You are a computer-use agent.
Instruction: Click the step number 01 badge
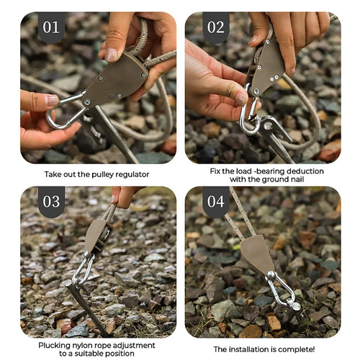tap(50, 28)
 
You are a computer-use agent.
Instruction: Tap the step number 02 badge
tap(215, 28)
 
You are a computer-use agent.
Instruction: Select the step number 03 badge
tap(50, 202)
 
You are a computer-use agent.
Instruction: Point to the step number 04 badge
tap(215, 202)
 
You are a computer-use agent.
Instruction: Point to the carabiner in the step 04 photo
tap(282, 288)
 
